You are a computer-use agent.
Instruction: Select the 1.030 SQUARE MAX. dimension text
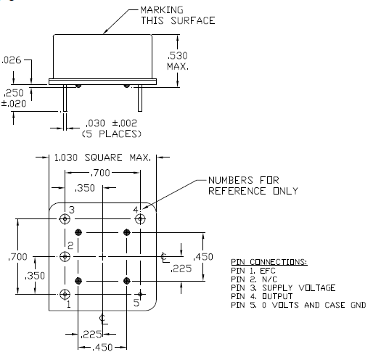102,157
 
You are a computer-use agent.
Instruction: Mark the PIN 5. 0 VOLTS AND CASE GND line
298,305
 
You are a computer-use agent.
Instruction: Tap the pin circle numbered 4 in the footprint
140,219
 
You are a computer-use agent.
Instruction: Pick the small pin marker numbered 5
140,294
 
